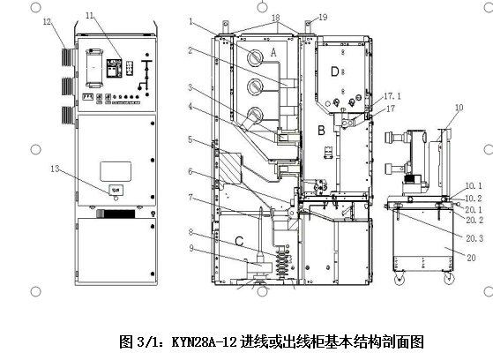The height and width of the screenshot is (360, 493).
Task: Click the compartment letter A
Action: point(274,52)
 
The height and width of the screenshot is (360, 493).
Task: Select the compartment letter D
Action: point(335,71)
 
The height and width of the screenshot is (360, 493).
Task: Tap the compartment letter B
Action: point(321,130)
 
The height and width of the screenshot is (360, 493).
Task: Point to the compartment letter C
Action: point(239,242)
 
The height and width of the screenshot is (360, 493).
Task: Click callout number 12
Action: point(47,22)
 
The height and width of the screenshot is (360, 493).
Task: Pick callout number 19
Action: point(323,17)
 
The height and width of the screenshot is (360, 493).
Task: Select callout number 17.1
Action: point(392,96)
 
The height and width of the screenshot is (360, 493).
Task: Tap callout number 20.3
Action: point(474,238)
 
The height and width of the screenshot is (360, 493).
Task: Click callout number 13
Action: point(55,169)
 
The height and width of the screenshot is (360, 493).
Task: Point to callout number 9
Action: point(191,248)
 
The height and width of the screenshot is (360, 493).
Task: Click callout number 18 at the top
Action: point(276,18)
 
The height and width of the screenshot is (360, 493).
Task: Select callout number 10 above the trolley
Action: point(459,108)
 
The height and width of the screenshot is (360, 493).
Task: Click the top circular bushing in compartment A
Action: point(255,56)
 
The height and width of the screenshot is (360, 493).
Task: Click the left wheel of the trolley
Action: point(400,279)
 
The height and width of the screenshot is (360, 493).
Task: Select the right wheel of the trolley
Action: point(449,279)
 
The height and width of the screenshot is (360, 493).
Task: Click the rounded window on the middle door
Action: point(116,171)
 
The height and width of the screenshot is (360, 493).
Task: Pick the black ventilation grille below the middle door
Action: point(116,214)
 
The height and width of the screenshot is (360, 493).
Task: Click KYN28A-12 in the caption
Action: point(204,342)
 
